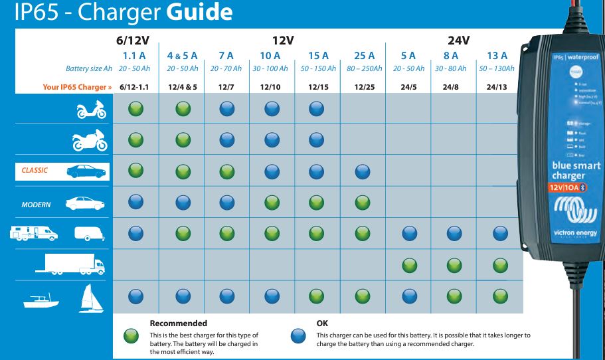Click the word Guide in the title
(x=198, y=12)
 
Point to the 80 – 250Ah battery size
(x=364, y=68)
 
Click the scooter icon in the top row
(x=90, y=110)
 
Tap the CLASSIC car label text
(x=35, y=170)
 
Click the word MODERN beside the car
(x=36, y=205)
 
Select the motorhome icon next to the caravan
(x=33, y=234)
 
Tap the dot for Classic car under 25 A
(x=363, y=171)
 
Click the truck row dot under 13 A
(x=500, y=266)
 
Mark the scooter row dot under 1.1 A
(x=135, y=109)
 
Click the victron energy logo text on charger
(x=575, y=233)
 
